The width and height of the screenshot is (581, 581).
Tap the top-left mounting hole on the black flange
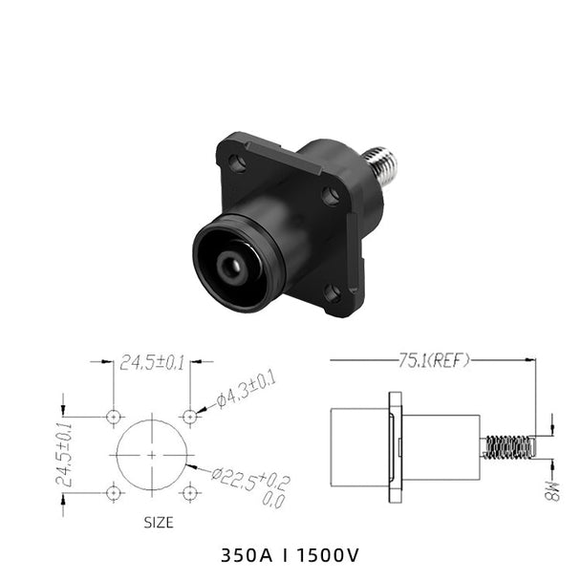[x=237, y=163]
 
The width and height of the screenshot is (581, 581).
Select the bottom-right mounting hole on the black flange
[x=332, y=293]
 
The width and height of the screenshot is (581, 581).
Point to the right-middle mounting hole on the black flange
[x=331, y=196]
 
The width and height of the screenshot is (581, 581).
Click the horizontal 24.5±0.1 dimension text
[x=152, y=363]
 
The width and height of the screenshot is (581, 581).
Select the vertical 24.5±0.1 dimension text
[x=64, y=454]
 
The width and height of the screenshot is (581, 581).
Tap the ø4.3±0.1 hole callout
[x=246, y=390]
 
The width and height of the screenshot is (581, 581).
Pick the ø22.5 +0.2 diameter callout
[x=251, y=485]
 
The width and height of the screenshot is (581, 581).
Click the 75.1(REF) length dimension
[x=434, y=360]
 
